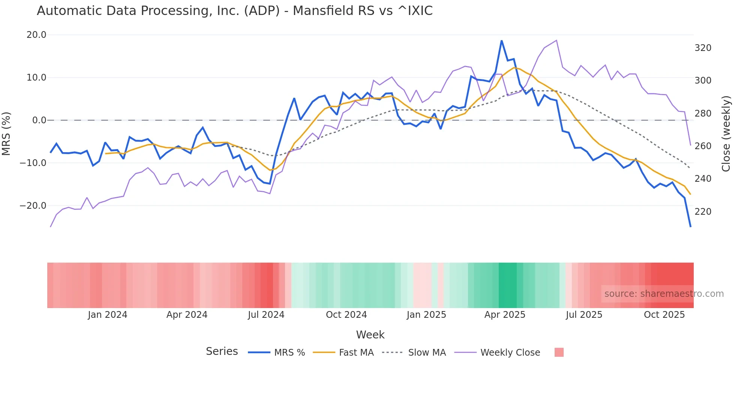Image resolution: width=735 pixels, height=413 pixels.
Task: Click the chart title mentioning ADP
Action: pyautogui.click(x=235, y=11)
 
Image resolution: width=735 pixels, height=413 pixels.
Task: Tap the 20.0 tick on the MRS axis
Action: pyautogui.click(x=36, y=35)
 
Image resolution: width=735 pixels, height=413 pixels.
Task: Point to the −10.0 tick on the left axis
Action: pyautogui.click(x=33, y=163)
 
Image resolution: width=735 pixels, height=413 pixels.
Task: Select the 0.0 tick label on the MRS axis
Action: pyautogui.click(x=39, y=120)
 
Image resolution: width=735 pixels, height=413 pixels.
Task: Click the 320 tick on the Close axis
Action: pyautogui.click(x=703, y=48)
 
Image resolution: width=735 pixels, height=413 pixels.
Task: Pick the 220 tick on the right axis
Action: pyautogui.click(x=703, y=212)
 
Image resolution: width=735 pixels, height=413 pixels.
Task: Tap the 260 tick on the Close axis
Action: pyautogui.click(x=703, y=146)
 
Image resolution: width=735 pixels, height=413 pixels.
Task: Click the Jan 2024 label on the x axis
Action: pyautogui.click(x=108, y=315)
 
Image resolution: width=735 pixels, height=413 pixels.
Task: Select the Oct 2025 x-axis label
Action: pyautogui.click(x=664, y=315)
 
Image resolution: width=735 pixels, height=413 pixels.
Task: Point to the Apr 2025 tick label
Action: pyautogui.click(x=505, y=315)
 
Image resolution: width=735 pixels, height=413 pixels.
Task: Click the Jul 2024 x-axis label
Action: pyautogui.click(x=266, y=315)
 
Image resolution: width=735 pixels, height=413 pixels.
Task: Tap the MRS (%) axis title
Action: pyautogui.click(x=6, y=133)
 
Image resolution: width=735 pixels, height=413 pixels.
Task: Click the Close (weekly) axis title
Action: pyautogui.click(x=726, y=133)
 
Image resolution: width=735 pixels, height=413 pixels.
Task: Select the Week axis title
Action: pyautogui.click(x=370, y=335)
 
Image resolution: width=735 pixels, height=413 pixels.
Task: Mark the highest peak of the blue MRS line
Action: pyautogui.click(x=501, y=40)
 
